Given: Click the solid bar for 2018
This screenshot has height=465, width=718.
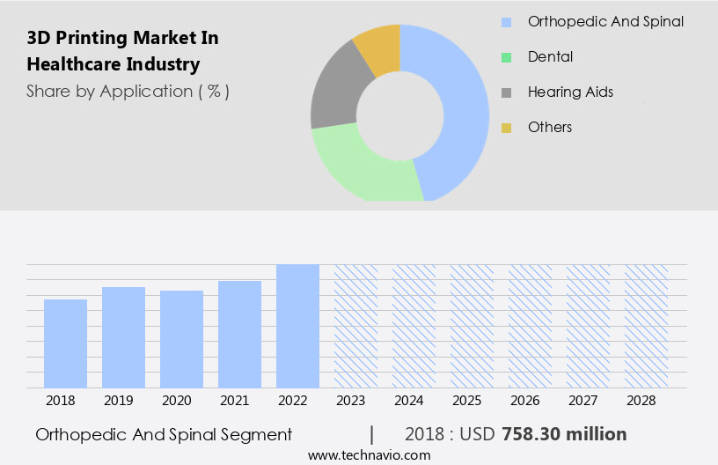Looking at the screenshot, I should click(x=65, y=343).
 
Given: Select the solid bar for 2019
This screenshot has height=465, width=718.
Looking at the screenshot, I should click(x=123, y=337).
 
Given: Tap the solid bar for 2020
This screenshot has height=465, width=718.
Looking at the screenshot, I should click(x=181, y=339).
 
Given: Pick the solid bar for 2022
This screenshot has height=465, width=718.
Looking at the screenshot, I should click(x=297, y=326).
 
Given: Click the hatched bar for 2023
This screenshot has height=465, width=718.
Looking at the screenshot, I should click(x=355, y=326).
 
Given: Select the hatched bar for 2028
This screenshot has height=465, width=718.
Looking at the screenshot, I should click(x=646, y=326).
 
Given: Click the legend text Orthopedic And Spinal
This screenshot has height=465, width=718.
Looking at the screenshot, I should click(x=605, y=21).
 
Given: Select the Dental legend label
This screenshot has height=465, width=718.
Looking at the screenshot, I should click(x=550, y=56).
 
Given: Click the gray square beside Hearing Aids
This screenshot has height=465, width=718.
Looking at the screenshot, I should click(x=506, y=92).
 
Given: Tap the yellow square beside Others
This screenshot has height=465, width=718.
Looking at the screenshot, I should click(x=506, y=128).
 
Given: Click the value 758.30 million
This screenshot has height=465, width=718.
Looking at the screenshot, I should click(x=564, y=434).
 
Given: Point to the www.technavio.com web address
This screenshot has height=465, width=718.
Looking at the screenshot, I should click(x=370, y=455).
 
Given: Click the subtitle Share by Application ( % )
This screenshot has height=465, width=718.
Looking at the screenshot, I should click(x=128, y=92).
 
